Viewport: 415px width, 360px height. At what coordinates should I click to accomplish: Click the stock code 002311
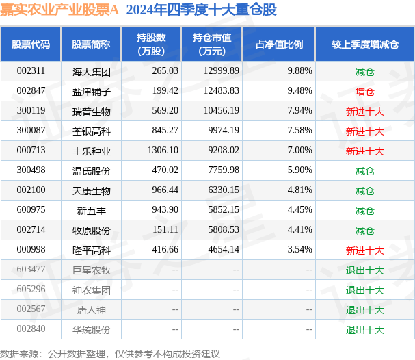click(x=31, y=71)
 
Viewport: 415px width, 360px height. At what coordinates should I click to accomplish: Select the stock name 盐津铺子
click(x=91, y=91)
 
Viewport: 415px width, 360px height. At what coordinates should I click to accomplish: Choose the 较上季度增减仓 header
click(x=364, y=44)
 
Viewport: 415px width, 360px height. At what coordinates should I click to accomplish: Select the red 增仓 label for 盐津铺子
click(x=364, y=91)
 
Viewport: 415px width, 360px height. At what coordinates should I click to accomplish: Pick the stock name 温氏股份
click(x=91, y=170)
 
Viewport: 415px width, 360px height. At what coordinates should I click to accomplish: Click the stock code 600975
click(x=31, y=210)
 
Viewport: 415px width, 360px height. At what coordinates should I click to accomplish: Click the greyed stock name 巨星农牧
click(x=91, y=270)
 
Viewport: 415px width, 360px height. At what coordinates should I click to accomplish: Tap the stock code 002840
click(x=31, y=329)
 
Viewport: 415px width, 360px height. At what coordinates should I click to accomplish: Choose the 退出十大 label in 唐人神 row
click(x=364, y=309)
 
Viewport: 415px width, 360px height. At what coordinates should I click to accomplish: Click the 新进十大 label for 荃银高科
click(x=364, y=131)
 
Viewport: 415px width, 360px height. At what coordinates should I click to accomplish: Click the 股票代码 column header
click(x=31, y=44)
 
